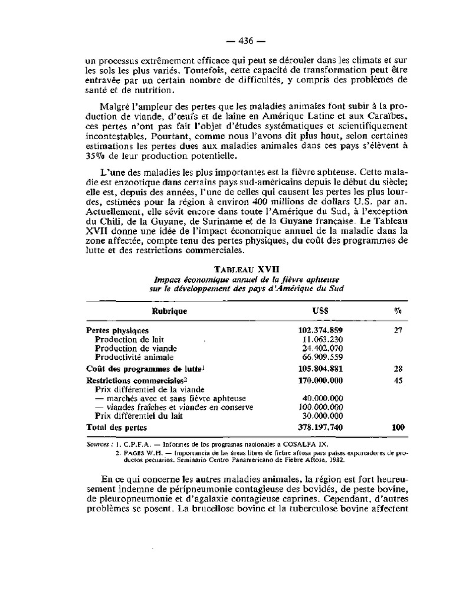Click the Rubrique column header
170,310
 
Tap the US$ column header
321,310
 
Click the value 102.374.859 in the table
321,330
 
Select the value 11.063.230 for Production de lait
322,340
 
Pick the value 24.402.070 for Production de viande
322,349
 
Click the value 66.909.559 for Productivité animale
322,357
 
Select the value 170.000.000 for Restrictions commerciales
321,380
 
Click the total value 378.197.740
321,426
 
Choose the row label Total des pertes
116,426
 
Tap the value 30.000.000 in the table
322,416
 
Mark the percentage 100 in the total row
398,426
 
